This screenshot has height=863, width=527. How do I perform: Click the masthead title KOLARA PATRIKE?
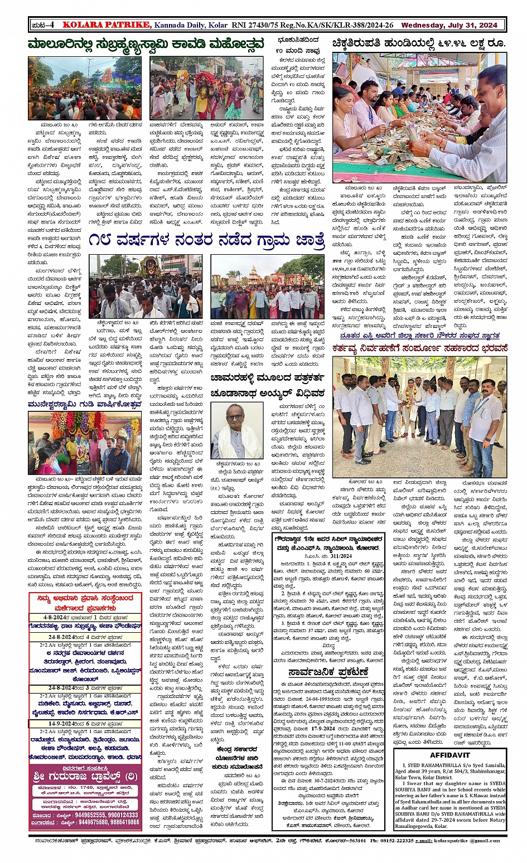[x=107, y=25]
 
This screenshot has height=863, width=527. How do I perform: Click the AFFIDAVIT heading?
[x=449, y=755]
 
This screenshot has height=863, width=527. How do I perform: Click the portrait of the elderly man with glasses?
[x=236, y=430]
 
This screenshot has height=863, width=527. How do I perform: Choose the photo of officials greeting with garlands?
[x=419, y=417]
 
